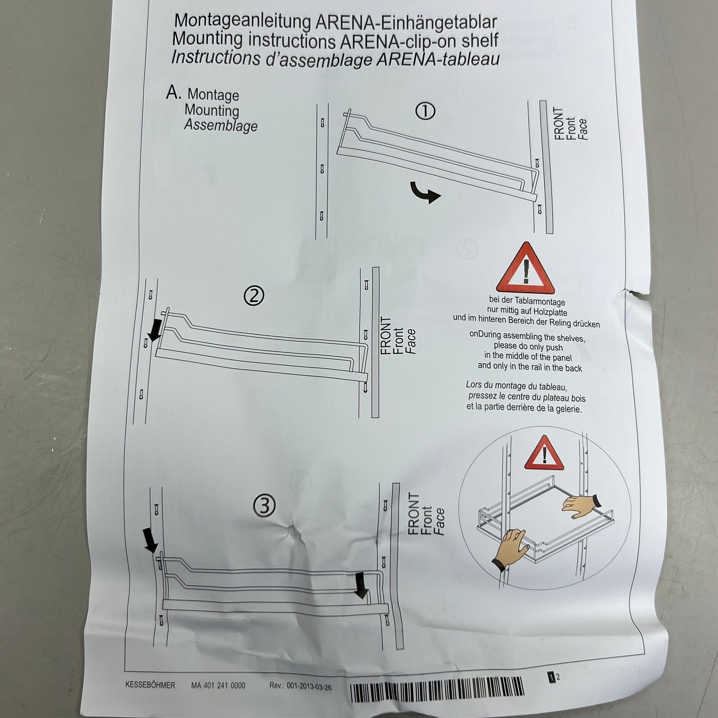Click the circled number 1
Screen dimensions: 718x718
coord(425,111)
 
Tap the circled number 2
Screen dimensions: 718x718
coord(254,296)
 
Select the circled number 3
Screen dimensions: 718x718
coord(264,506)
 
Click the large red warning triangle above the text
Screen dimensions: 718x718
coord(525,268)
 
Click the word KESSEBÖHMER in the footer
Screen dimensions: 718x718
coord(150,685)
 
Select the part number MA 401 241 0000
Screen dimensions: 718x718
coord(218,685)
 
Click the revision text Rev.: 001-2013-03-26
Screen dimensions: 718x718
coord(300,686)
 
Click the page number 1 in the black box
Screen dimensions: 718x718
coord(552,677)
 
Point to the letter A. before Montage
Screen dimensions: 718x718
coord(173,93)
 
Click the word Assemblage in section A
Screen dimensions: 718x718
coord(221,125)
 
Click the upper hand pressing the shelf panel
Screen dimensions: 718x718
coord(579,506)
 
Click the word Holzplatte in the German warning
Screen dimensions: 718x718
coord(551,312)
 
